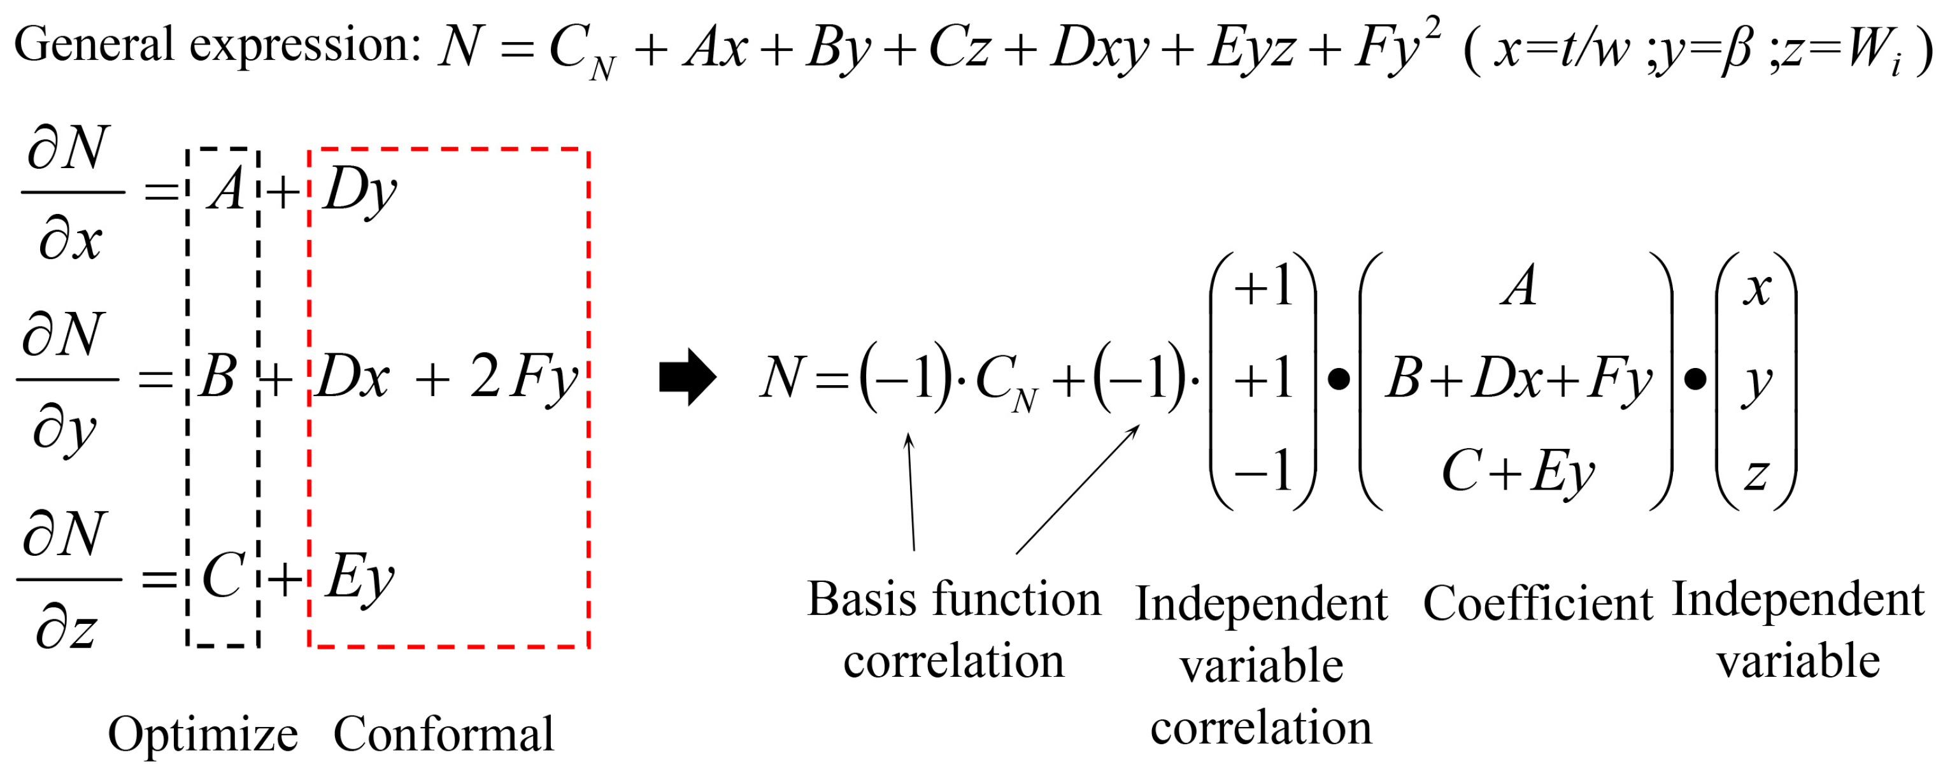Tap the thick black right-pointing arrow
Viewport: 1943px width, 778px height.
point(687,376)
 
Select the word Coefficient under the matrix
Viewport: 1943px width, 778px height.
point(1537,605)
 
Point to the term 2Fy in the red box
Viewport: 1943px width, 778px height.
point(523,378)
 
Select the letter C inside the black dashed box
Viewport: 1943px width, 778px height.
point(224,576)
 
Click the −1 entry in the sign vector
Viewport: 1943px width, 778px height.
point(1263,470)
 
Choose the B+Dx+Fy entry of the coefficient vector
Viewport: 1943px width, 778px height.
point(1518,378)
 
